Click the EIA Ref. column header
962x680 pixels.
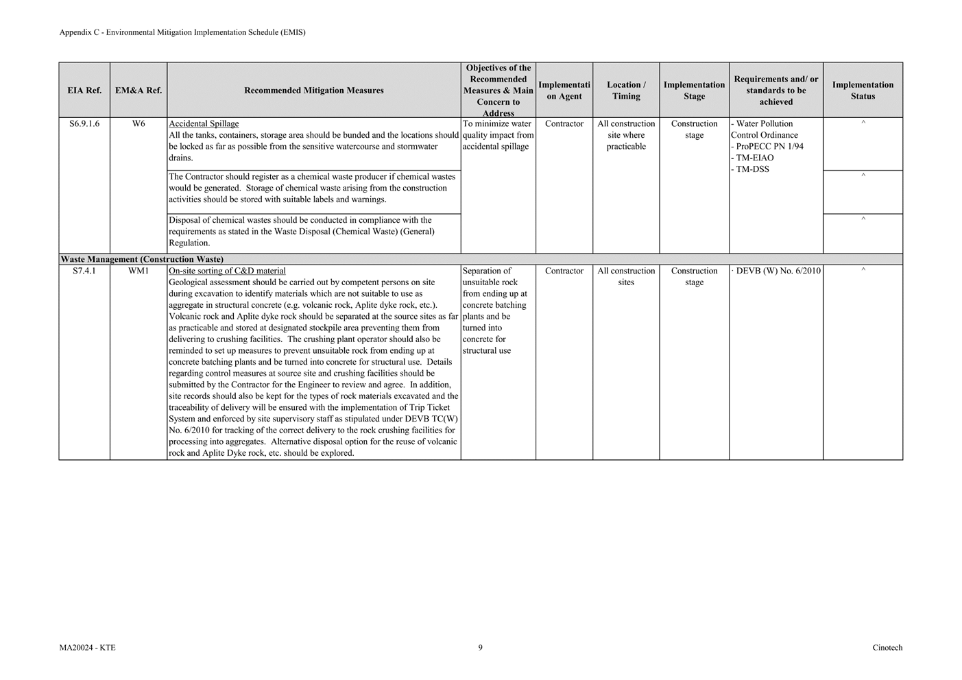tap(84, 90)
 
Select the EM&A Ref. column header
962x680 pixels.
tap(139, 90)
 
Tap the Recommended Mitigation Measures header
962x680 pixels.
tap(313, 90)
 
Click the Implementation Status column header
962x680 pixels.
tap(863, 90)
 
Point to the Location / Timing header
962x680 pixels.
tap(626, 90)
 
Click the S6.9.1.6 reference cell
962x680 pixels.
tap(84, 124)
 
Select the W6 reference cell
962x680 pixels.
tap(139, 124)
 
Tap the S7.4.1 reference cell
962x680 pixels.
tap(84, 271)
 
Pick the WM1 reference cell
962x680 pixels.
tap(139, 271)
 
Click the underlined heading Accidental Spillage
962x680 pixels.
tap(204, 124)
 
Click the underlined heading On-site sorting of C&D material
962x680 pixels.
tap(227, 271)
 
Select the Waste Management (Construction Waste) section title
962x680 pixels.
tap(142, 260)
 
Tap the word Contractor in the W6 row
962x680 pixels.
tap(564, 124)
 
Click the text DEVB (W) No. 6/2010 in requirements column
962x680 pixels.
tap(778, 271)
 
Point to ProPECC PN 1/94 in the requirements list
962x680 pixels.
tap(769, 147)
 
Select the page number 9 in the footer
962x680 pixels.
tap(480, 648)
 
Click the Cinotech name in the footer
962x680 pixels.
tap(887, 648)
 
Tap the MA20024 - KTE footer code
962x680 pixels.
tap(87, 648)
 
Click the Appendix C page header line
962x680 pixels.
tap(182, 32)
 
